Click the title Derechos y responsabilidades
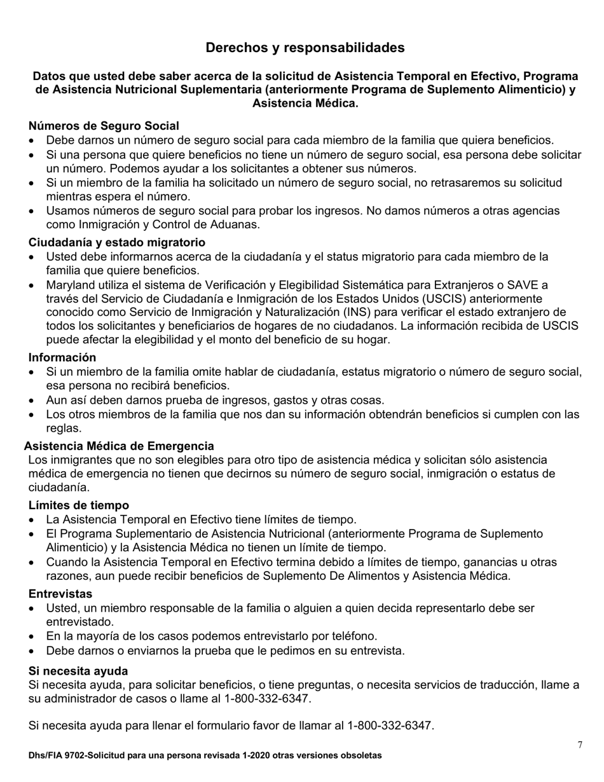(x=305, y=48)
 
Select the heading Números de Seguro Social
(x=104, y=126)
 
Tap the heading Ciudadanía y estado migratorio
(x=116, y=242)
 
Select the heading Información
(x=62, y=357)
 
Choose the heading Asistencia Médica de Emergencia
(x=119, y=446)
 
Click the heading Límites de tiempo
(x=79, y=505)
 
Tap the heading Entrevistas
(x=60, y=593)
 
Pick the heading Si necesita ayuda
(x=78, y=671)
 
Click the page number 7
(x=580, y=744)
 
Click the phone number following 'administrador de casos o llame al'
(x=268, y=699)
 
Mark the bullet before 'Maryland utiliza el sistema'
(x=32, y=285)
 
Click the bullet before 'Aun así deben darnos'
(x=32, y=401)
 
